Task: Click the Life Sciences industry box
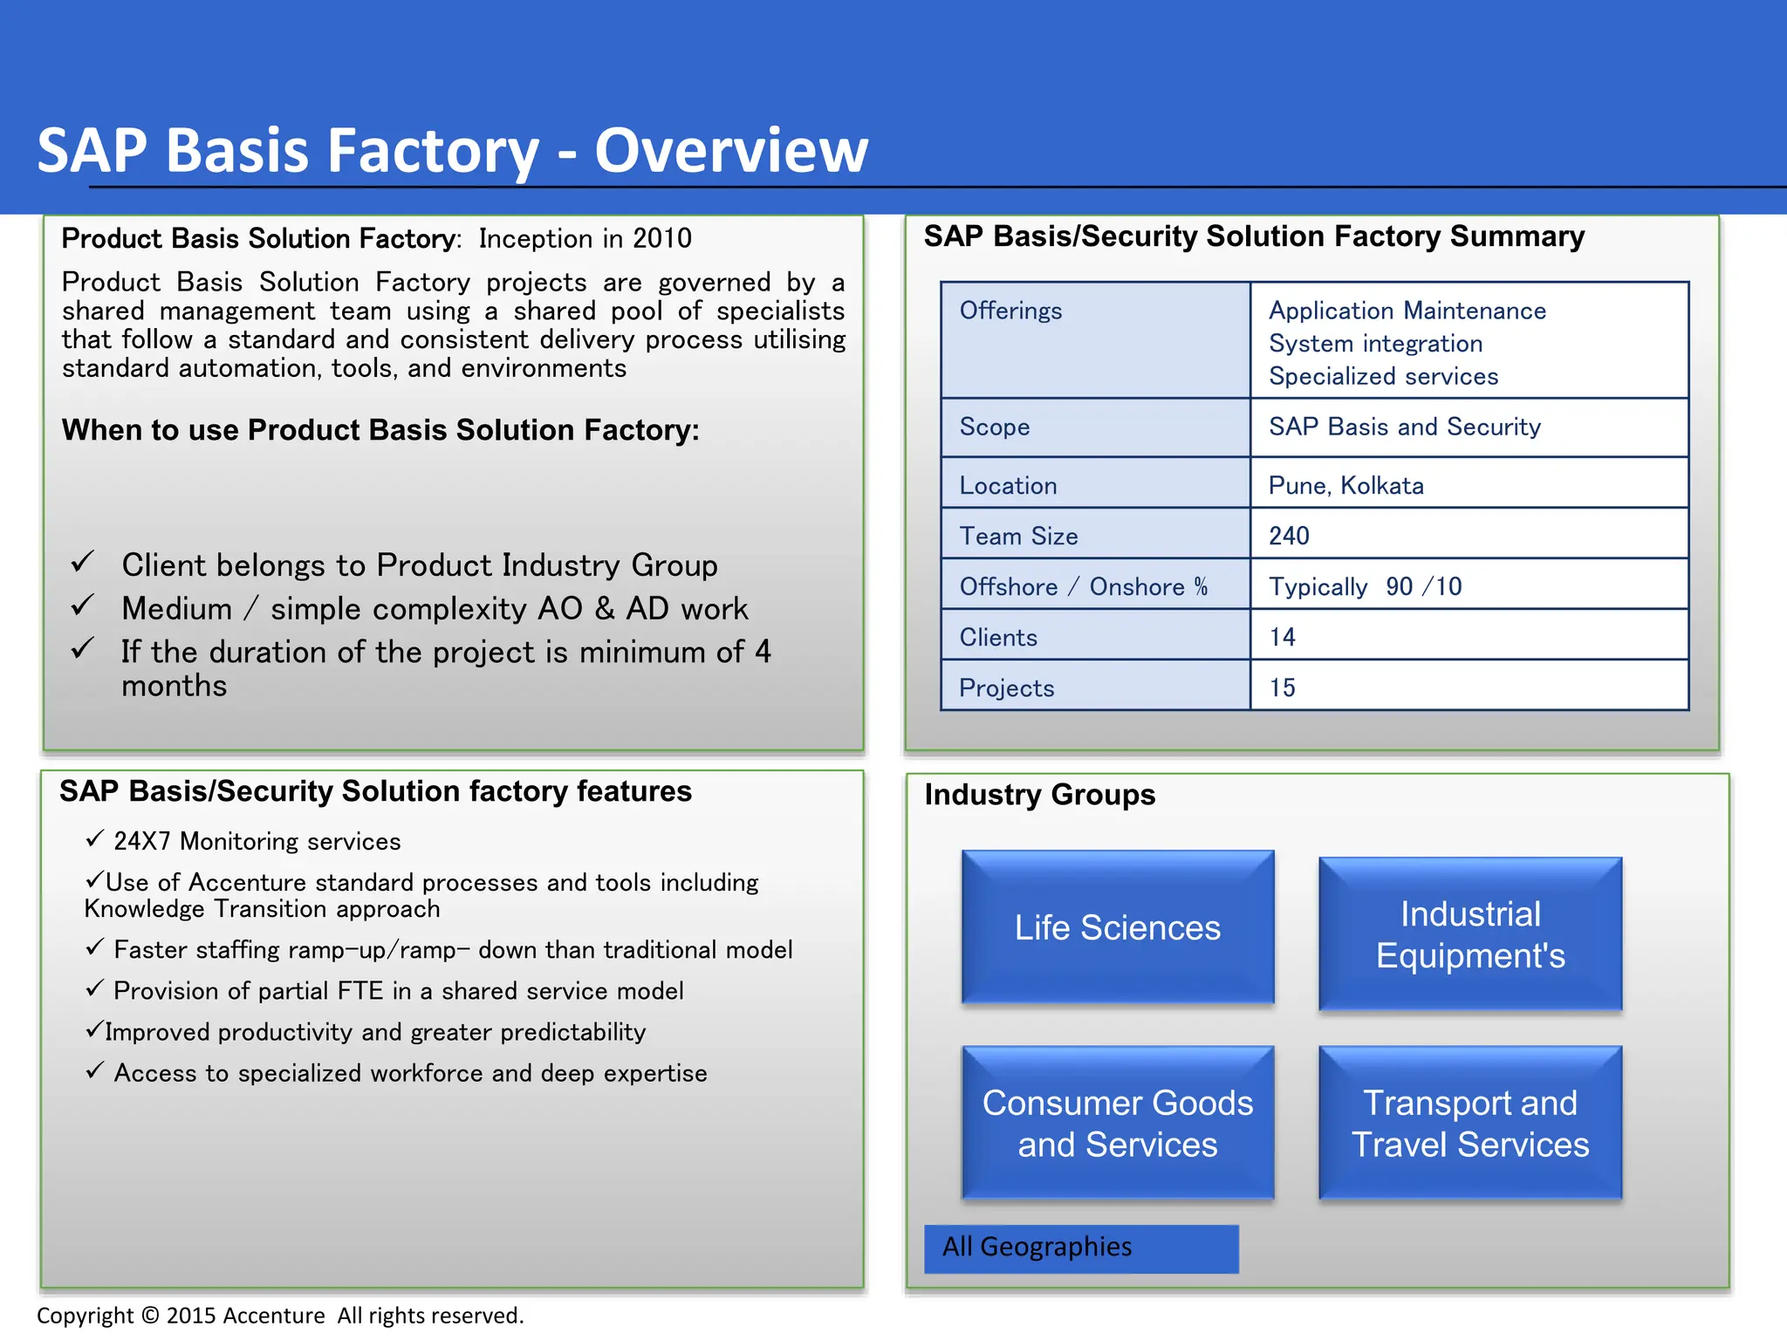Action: (1117, 927)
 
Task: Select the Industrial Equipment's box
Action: (1470, 934)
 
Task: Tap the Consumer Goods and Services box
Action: (1117, 1123)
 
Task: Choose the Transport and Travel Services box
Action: (1470, 1123)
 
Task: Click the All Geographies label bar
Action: (1080, 1248)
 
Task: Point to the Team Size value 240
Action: (1289, 536)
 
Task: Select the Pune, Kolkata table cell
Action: (1345, 486)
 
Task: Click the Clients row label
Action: (998, 638)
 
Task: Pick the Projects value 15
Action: (1282, 688)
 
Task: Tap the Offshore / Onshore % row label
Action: (1083, 587)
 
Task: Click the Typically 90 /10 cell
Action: (1365, 587)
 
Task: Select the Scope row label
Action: (994, 427)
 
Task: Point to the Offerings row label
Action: (1010, 311)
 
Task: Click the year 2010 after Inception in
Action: (662, 238)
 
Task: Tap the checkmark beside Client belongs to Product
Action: (83, 562)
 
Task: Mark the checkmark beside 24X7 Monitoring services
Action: (95, 839)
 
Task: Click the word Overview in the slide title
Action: (731, 151)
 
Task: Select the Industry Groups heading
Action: (1039, 795)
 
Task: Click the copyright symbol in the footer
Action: (150, 1316)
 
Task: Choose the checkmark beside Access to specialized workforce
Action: (95, 1070)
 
